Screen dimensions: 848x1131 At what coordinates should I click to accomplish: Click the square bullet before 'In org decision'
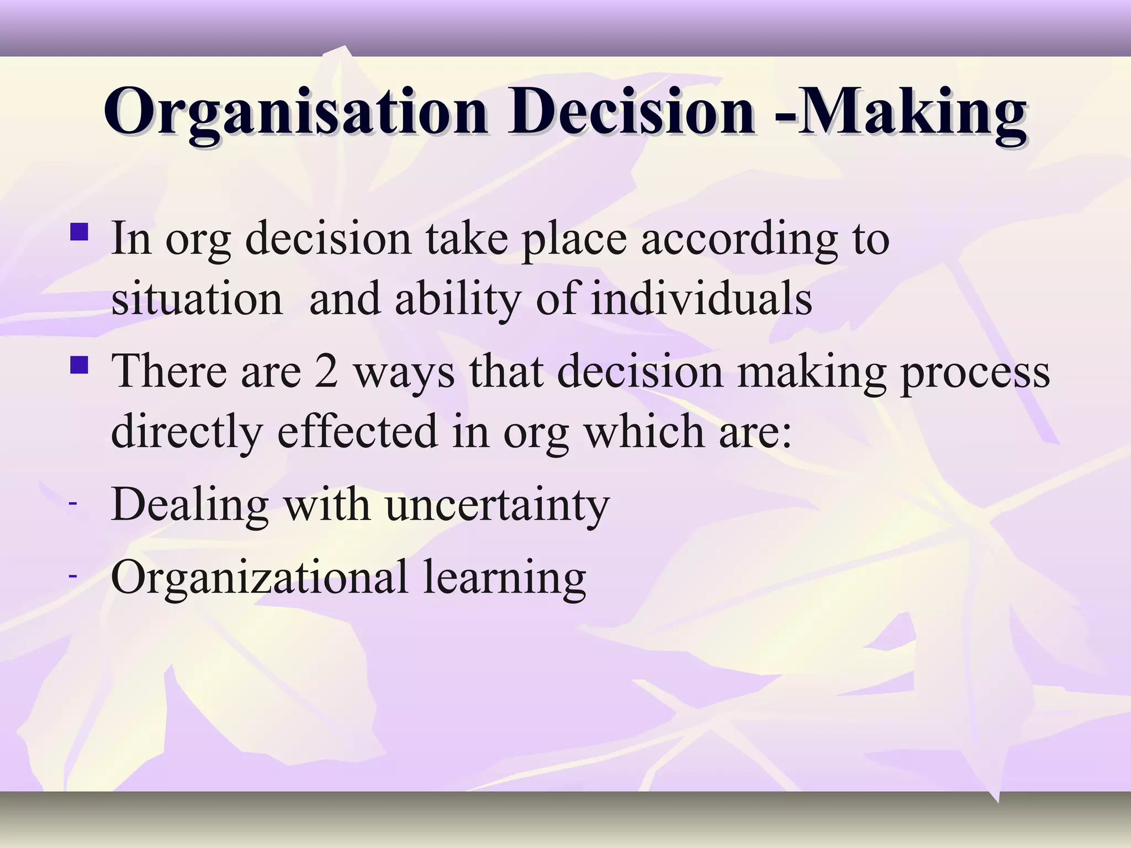(80, 231)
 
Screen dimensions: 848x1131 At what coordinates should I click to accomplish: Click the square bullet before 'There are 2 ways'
(80, 364)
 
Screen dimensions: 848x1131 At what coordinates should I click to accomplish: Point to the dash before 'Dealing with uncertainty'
(72, 504)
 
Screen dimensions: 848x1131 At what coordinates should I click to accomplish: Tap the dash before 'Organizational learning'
(72, 576)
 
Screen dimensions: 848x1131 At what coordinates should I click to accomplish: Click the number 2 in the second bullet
(326, 371)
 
